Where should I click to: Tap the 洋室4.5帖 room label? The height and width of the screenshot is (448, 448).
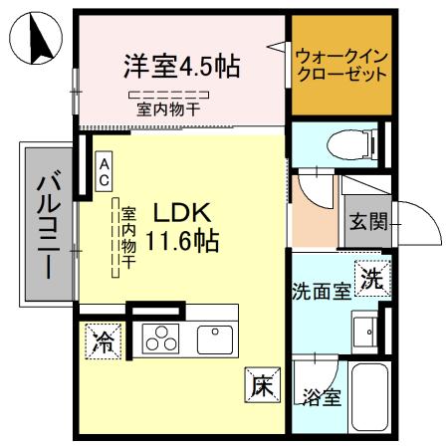[180, 67]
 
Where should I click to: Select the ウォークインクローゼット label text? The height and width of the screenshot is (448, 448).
[341, 66]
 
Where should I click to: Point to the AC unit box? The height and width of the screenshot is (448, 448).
[103, 170]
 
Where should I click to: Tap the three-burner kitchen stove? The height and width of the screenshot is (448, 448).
[160, 339]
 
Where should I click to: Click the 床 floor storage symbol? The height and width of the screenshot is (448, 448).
[258, 385]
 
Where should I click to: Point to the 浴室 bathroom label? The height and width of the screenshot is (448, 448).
[322, 398]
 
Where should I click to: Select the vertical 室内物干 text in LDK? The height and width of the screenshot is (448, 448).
[128, 240]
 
